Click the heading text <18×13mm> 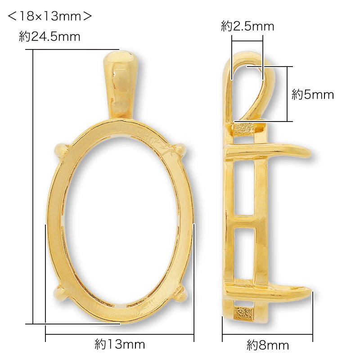(50, 16)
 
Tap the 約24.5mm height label (49, 37)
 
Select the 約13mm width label (120, 345)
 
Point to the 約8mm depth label (268, 345)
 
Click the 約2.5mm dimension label (247, 27)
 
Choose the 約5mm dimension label (312, 94)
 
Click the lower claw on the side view (288, 292)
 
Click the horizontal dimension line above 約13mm (120, 334)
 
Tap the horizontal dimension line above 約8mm (268, 334)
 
